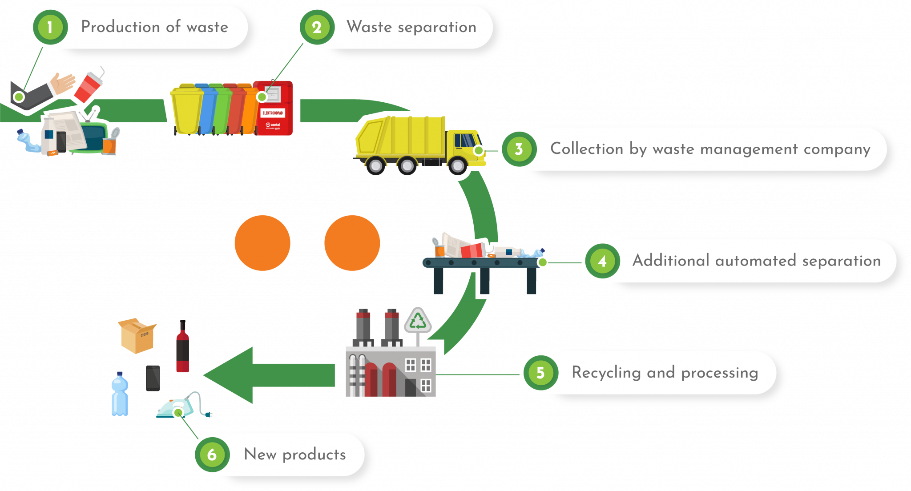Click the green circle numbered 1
click(x=50, y=28)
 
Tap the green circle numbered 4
click(x=602, y=261)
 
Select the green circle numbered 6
click(x=212, y=455)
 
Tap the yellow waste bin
click(x=186, y=110)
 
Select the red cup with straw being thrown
click(x=88, y=87)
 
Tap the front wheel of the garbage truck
click(x=458, y=166)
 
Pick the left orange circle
click(x=262, y=243)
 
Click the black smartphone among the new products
click(x=153, y=378)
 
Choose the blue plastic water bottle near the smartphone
click(x=120, y=395)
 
